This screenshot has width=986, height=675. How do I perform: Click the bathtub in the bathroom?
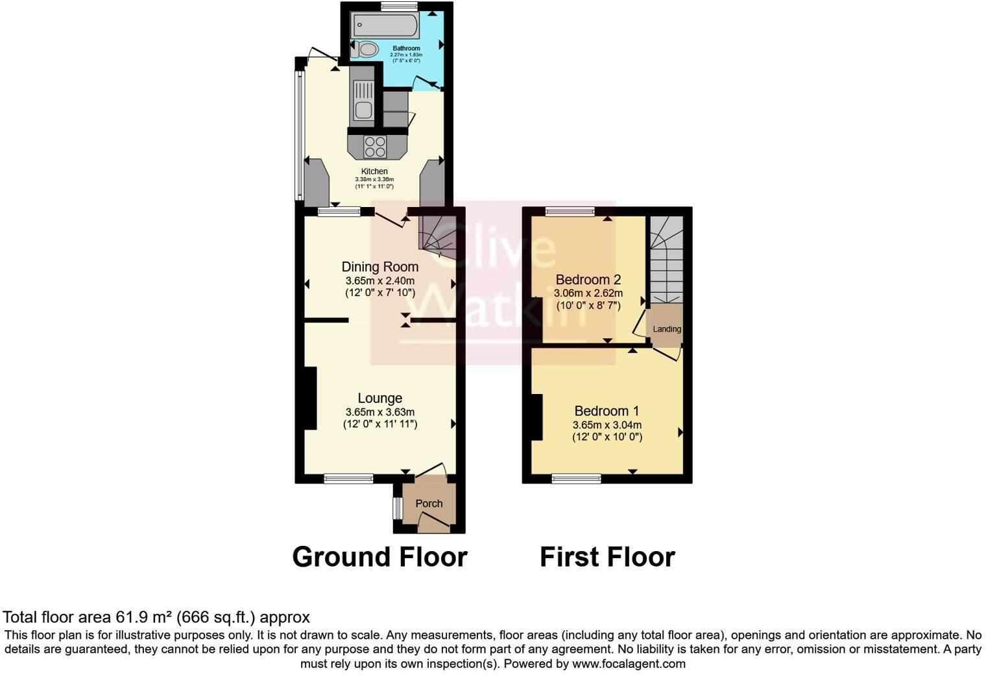pos(385,27)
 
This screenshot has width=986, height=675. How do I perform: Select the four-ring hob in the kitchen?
pos(375,147)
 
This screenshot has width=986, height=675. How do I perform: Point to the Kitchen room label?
pos(374,171)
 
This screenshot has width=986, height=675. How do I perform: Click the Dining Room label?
pos(379,267)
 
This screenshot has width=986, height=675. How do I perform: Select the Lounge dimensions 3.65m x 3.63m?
pos(379,412)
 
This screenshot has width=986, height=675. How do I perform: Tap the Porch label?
pos(429,504)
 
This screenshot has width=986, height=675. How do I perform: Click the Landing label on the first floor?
pos(667,329)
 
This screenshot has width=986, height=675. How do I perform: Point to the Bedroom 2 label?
pos(588,280)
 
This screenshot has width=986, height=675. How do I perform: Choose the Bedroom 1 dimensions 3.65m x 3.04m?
pos(607,425)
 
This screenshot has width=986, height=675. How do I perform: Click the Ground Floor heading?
pos(379,557)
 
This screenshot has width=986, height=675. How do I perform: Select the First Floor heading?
pos(607,557)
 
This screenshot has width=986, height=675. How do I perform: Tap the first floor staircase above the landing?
pos(667,260)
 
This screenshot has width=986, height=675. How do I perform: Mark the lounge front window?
pos(348,479)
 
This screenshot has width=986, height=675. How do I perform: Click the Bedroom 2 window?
pos(570,211)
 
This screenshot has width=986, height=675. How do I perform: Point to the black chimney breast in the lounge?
pos(307,398)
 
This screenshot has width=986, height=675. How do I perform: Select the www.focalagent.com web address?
pos(628,664)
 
